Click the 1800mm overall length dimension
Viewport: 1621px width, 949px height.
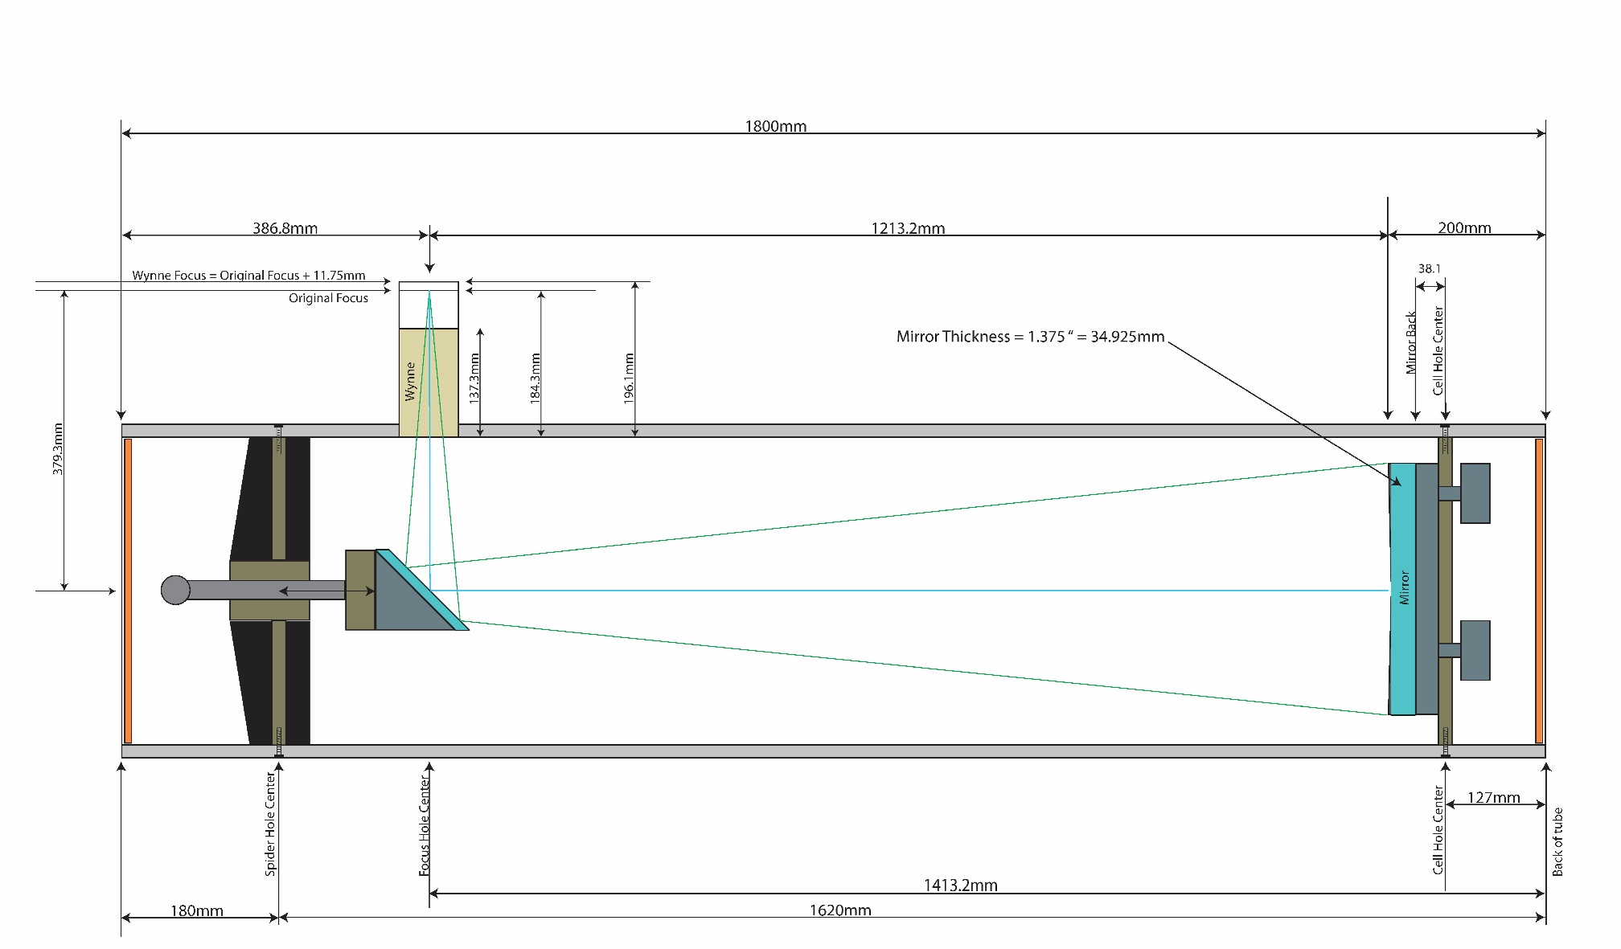coord(775,126)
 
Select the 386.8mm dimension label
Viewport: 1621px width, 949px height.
coord(285,228)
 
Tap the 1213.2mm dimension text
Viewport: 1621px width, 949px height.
coord(908,228)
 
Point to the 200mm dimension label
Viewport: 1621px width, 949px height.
coord(1464,228)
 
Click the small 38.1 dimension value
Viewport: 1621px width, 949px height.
coord(1430,268)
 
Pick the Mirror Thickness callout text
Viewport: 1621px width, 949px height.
coord(1030,337)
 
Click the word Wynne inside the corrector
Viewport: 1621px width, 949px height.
coord(410,381)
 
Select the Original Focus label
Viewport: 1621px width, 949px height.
coord(328,298)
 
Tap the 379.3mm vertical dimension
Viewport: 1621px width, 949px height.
coord(58,448)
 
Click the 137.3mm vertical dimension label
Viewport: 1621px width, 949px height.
coord(474,377)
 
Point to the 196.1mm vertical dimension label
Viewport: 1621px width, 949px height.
coord(629,378)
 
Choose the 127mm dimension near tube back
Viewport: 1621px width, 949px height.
coord(1494,797)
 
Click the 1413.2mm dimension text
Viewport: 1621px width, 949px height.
coord(960,886)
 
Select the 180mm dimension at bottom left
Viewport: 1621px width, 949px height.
coord(197,910)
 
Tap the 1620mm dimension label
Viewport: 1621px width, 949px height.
coord(840,910)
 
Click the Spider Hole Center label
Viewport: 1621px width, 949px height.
coord(270,824)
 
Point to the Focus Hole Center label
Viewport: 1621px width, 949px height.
coord(425,826)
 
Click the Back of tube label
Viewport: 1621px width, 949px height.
coord(1557,842)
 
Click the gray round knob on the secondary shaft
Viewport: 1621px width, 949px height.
coord(175,590)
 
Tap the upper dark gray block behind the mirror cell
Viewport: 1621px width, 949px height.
coord(1475,493)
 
